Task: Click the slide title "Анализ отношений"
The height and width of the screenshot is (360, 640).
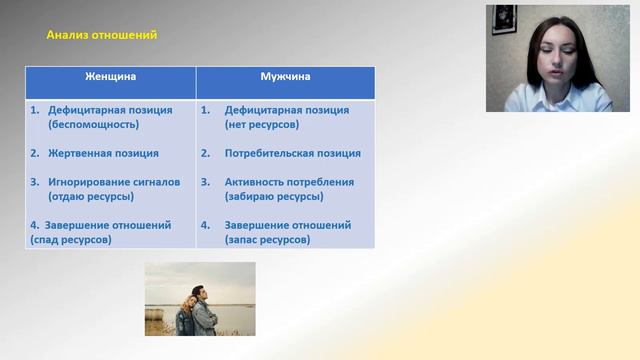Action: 102,35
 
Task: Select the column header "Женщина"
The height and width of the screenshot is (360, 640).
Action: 110,76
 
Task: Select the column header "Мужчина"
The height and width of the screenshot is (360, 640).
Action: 285,76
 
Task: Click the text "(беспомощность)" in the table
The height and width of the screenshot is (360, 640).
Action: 93,125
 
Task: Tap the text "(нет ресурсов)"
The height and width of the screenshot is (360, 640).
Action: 263,125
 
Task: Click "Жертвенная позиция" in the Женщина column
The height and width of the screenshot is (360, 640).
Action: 103,154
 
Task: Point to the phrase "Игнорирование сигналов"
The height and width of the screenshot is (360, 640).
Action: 114,182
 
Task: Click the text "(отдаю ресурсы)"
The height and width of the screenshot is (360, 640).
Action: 91,197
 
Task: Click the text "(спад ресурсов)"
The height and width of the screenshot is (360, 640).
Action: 71,240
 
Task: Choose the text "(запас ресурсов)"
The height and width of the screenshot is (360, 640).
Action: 267,240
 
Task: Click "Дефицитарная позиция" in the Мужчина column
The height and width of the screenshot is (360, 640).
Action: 287,110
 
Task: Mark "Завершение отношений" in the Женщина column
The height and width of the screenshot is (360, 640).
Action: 108,225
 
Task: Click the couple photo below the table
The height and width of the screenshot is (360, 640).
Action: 200,299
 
